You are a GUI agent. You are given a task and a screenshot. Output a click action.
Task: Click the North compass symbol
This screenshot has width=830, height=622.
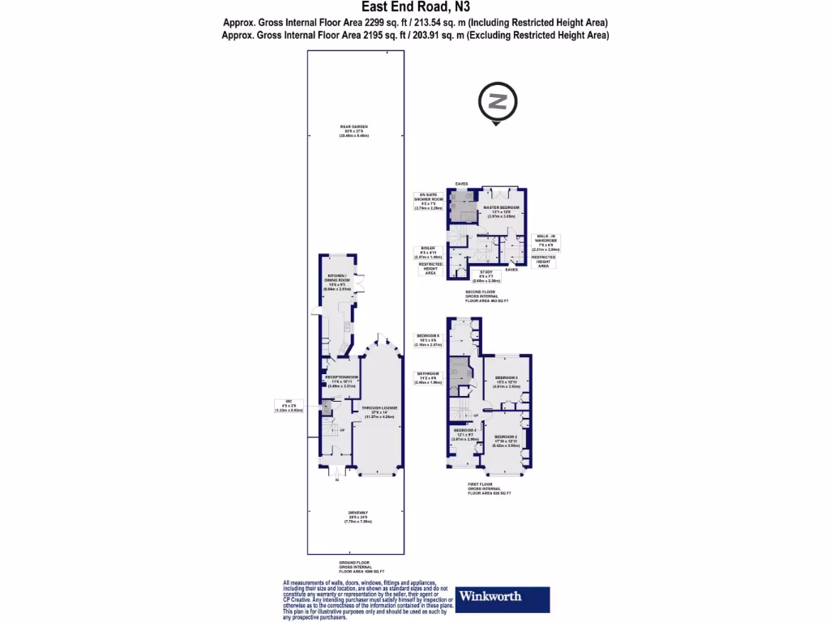click(497, 102)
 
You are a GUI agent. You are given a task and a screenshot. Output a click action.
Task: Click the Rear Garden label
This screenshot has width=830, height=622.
click(354, 130)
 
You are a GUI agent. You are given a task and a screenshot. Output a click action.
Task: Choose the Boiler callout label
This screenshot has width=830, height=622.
click(428, 252)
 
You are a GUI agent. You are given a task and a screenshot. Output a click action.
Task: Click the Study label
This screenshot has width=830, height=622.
click(486, 275)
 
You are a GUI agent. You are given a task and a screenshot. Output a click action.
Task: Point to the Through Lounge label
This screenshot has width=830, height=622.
click(381, 412)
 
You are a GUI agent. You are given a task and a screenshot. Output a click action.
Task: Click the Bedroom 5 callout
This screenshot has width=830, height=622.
click(427, 339)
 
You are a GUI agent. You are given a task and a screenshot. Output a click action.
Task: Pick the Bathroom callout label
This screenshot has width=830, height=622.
click(427, 377)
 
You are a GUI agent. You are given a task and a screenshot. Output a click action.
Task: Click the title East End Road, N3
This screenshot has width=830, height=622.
click(415, 9)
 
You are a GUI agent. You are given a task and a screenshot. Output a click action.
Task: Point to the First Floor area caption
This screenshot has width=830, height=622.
click(490, 489)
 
